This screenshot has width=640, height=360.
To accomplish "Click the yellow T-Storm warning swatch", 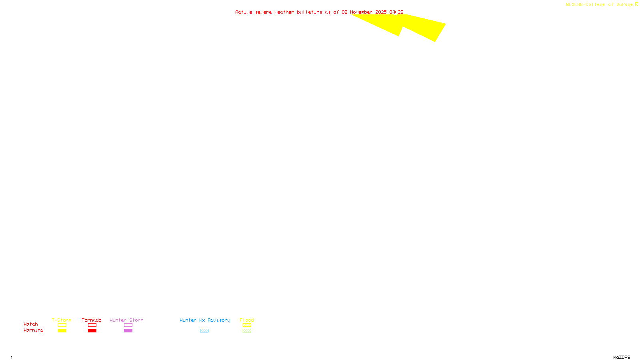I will [62, 331].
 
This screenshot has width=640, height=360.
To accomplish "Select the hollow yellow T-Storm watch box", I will [62, 325].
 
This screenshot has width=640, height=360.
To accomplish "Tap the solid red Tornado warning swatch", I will [92, 331].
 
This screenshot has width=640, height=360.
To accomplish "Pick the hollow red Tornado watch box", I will [92, 325].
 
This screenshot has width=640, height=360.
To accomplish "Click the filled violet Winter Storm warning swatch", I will [128, 331].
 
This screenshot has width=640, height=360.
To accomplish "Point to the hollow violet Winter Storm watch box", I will [128, 325].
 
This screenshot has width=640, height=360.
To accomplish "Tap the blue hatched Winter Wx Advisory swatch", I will [204, 331].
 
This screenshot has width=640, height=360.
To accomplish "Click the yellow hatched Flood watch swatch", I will [247, 325].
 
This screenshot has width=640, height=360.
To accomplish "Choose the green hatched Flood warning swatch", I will [247, 331].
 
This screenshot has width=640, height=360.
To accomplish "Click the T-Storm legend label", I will [62, 320].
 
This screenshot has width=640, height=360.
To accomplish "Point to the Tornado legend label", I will [92, 320].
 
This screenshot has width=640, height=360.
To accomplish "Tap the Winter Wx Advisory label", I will [205, 320].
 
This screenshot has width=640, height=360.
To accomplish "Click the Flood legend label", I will [247, 320].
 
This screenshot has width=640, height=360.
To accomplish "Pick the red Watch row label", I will [31, 324].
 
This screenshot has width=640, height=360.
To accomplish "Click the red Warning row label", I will [33, 330].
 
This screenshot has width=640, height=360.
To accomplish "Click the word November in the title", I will [361, 12].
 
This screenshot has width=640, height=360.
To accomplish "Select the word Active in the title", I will [244, 12].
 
